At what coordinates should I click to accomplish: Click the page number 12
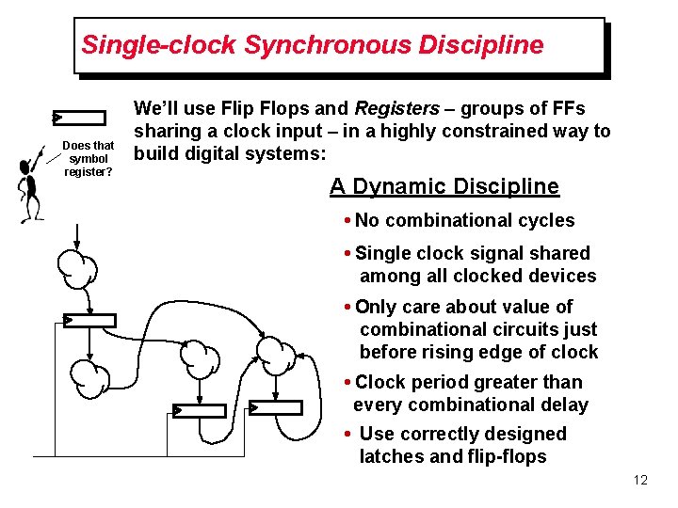[640, 481]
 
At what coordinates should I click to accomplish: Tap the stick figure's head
[27, 167]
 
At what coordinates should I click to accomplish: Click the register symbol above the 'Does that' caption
[80, 118]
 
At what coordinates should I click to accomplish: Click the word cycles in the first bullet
[544, 220]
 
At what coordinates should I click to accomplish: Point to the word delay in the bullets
[565, 405]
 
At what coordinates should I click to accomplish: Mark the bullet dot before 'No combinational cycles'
[348, 221]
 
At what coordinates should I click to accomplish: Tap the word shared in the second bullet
[559, 253]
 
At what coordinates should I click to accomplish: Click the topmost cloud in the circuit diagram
[76, 267]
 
